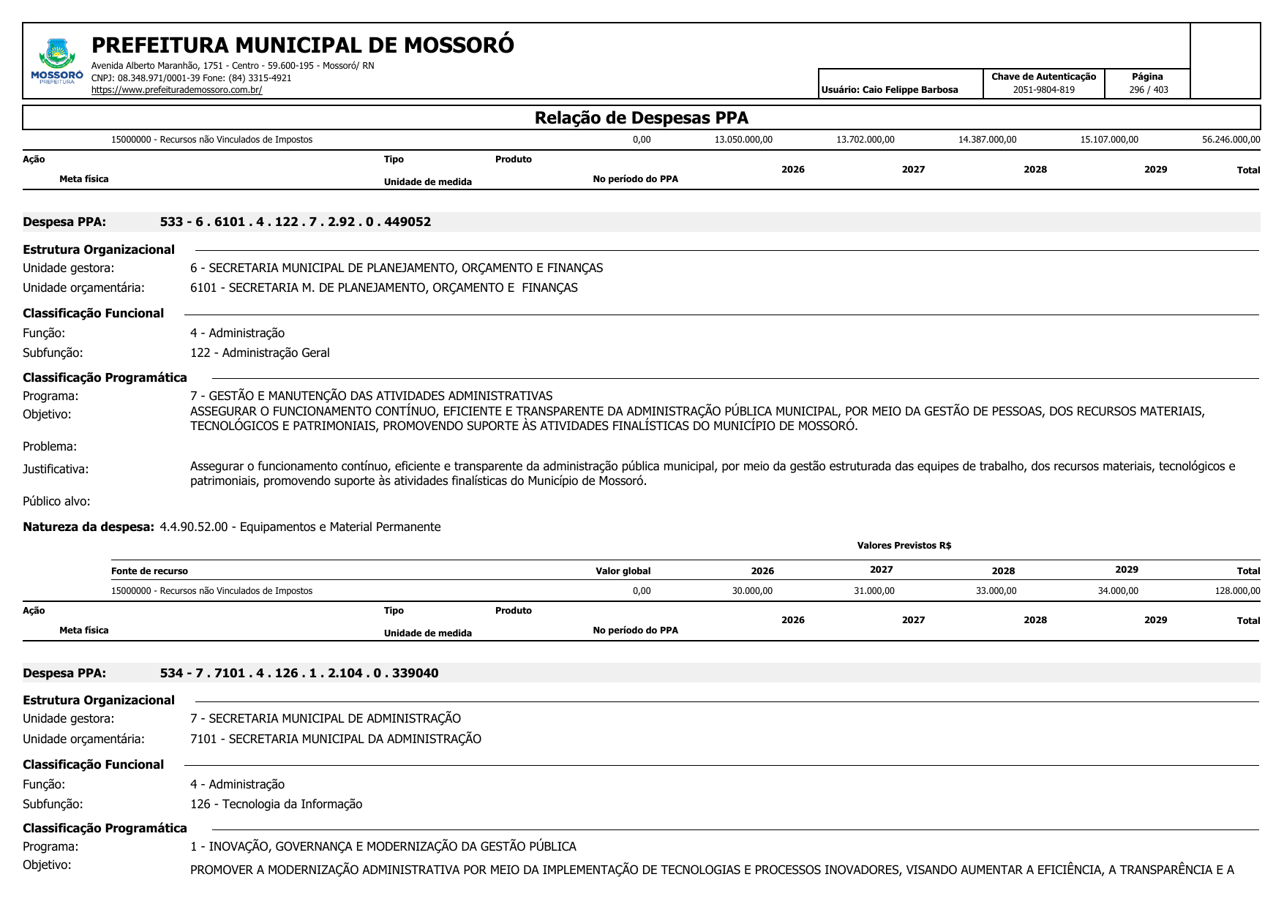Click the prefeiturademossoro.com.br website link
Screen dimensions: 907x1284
(x=176, y=90)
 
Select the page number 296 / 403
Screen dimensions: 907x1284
(x=1148, y=90)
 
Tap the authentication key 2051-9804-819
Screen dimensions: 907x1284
(x=1043, y=90)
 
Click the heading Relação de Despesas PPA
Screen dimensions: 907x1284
(x=641, y=118)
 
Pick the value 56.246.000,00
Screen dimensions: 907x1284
(x=1231, y=140)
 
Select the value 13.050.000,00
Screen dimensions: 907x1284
(x=743, y=140)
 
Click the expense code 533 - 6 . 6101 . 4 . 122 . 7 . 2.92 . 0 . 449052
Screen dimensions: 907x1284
(x=296, y=222)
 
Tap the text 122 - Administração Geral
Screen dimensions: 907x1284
(x=260, y=353)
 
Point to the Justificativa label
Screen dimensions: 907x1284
(x=56, y=470)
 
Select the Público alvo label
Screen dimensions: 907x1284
(x=56, y=502)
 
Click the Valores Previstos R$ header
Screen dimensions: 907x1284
(x=904, y=546)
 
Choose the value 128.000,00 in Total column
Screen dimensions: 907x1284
(x=1237, y=591)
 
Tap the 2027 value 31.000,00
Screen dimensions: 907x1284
(x=874, y=591)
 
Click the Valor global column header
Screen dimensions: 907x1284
(x=623, y=571)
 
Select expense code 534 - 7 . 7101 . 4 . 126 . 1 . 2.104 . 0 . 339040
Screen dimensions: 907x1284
(x=299, y=674)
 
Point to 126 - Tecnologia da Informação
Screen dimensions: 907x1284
(x=276, y=805)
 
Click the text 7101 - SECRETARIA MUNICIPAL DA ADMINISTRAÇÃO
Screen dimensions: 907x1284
(x=336, y=739)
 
